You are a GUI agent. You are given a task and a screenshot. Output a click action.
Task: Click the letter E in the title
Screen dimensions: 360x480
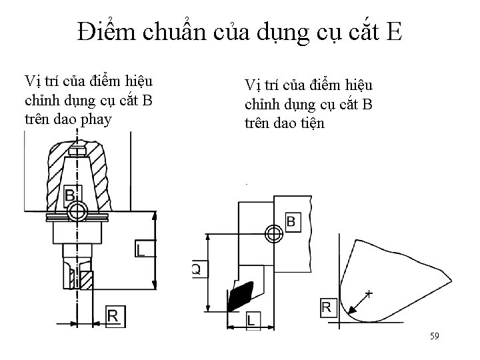(x=393, y=31)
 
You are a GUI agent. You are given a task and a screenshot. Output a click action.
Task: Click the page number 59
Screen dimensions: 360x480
(x=434, y=337)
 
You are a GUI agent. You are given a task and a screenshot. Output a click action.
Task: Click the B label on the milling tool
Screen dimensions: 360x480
(x=70, y=196)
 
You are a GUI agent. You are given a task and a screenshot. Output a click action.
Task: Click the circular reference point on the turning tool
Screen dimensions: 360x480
(x=272, y=234)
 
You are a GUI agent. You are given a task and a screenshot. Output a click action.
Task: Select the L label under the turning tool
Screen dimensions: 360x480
(x=252, y=319)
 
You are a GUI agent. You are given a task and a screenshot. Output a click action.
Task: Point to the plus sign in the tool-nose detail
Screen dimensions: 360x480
(x=369, y=293)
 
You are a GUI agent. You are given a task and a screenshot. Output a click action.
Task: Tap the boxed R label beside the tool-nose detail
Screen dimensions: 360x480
(x=327, y=307)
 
